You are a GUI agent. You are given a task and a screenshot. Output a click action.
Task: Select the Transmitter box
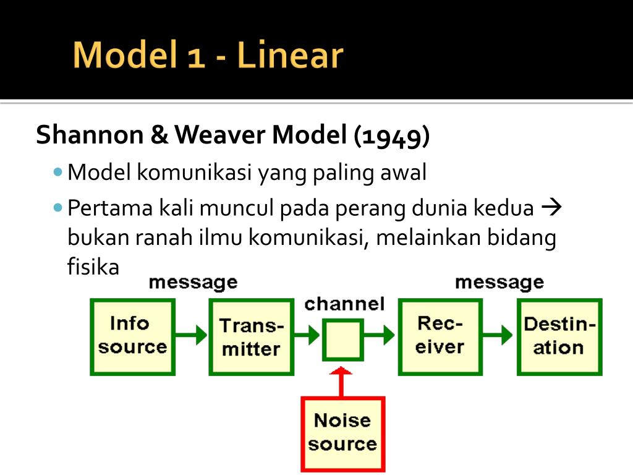[252, 336]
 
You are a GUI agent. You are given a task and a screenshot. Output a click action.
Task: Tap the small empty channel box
[342, 340]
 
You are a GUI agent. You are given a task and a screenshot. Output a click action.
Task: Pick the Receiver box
[440, 336]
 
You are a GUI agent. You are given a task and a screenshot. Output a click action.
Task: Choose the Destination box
[559, 336]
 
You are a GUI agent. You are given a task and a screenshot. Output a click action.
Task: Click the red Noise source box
[342, 433]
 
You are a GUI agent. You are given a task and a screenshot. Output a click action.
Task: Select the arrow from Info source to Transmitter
[192, 335]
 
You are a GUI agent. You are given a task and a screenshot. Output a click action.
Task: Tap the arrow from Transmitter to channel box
[307, 335]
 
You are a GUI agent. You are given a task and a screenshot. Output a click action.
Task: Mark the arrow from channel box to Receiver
[380, 335]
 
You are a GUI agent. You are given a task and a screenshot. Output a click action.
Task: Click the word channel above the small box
[344, 304]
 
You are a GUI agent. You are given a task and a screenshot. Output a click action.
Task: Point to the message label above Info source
[193, 283]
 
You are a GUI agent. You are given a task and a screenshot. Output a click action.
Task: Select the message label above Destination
[499, 283]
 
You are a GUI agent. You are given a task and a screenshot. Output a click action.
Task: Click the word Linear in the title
[289, 56]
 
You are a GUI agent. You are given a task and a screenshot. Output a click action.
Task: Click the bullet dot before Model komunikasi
[58, 171]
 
